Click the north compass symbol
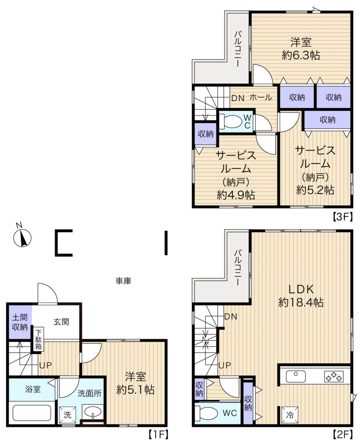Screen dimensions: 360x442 click(22, 238)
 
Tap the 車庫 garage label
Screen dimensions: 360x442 click(123, 281)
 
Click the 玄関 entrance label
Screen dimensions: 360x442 click(61, 322)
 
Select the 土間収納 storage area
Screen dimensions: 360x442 click(20, 322)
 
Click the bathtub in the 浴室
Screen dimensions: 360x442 click(32, 413)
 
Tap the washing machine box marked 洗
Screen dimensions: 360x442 click(67, 414)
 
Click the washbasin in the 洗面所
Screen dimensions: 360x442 click(93, 412)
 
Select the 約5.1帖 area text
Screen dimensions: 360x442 click(136, 390)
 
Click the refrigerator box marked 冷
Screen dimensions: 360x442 click(289, 415)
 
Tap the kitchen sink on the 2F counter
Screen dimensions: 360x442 click(296, 377)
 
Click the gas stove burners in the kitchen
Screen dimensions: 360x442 click(334, 377)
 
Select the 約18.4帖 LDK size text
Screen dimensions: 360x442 click(301, 303)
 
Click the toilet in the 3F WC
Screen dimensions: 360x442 click(231, 121)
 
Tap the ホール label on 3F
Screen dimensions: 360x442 click(261, 98)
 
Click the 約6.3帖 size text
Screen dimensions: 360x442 click(301, 55)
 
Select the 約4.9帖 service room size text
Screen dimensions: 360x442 click(236, 195)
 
